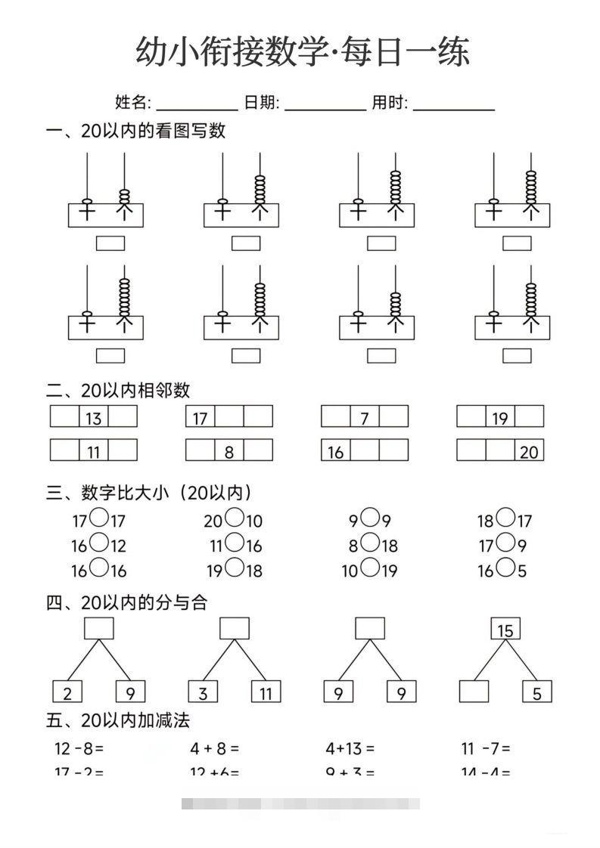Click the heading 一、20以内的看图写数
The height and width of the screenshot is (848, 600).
pos(136,131)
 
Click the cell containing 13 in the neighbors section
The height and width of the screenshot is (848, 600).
pos(94,417)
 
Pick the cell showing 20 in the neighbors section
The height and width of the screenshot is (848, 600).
pos(529,451)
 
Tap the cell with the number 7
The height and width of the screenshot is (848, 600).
pos(365,417)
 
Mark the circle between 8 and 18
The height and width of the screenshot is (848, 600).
pos(370,543)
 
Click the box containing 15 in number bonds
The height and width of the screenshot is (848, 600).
pos(505,630)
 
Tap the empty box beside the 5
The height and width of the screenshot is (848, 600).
pos(474,692)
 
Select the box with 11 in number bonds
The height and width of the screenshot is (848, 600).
pos(265,692)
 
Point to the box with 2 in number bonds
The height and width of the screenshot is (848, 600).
pos(67,692)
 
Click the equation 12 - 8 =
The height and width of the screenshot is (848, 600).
pos(79,749)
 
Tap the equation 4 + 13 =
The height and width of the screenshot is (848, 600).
pos(350,749)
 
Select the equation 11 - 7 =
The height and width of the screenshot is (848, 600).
pos(486,749)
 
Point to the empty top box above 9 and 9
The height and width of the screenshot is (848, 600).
pos(370,629)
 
